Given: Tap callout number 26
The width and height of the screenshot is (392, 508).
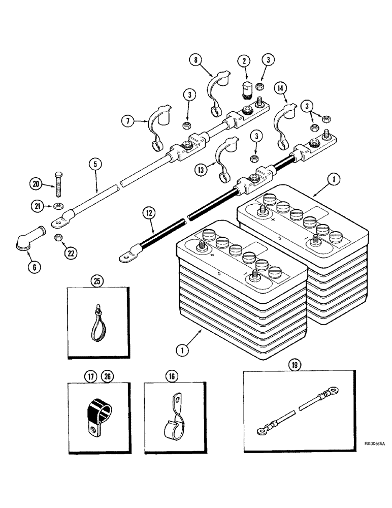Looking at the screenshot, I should coord(107,376).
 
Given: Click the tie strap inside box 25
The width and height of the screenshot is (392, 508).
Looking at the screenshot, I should coord(97,324).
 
